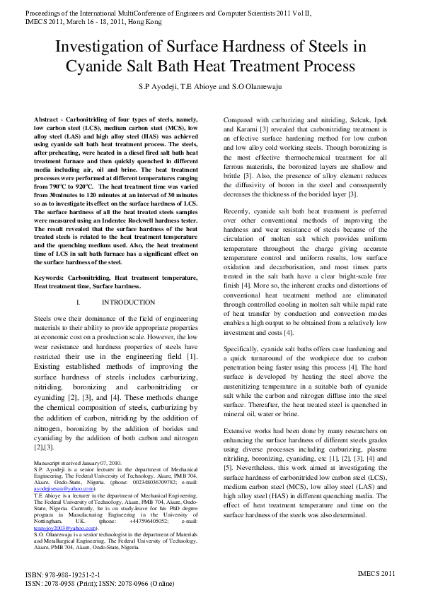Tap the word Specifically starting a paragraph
click(x=247, y=349)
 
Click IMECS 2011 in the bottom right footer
click(x=376, y=573)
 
